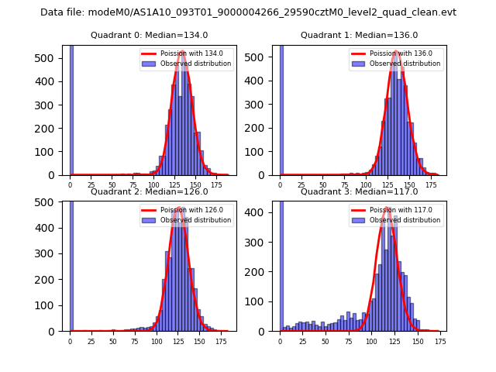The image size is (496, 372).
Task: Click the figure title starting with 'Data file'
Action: (248, 12)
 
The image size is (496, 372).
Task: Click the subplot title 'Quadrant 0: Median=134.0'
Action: (150, 35)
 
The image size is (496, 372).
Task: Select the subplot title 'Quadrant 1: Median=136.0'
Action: (360, 35)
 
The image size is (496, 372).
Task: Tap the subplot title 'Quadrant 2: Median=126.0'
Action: (150, 191)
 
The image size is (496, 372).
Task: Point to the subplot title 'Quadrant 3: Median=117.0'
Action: (360, 191)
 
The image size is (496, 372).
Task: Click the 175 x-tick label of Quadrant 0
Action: (218, 186)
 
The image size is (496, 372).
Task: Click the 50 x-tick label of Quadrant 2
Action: (112, 341)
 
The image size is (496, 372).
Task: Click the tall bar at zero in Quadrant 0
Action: (71, 108)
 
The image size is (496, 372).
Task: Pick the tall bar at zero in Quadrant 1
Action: (281, 108)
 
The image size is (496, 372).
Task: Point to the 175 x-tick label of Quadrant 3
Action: (439, 341)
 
